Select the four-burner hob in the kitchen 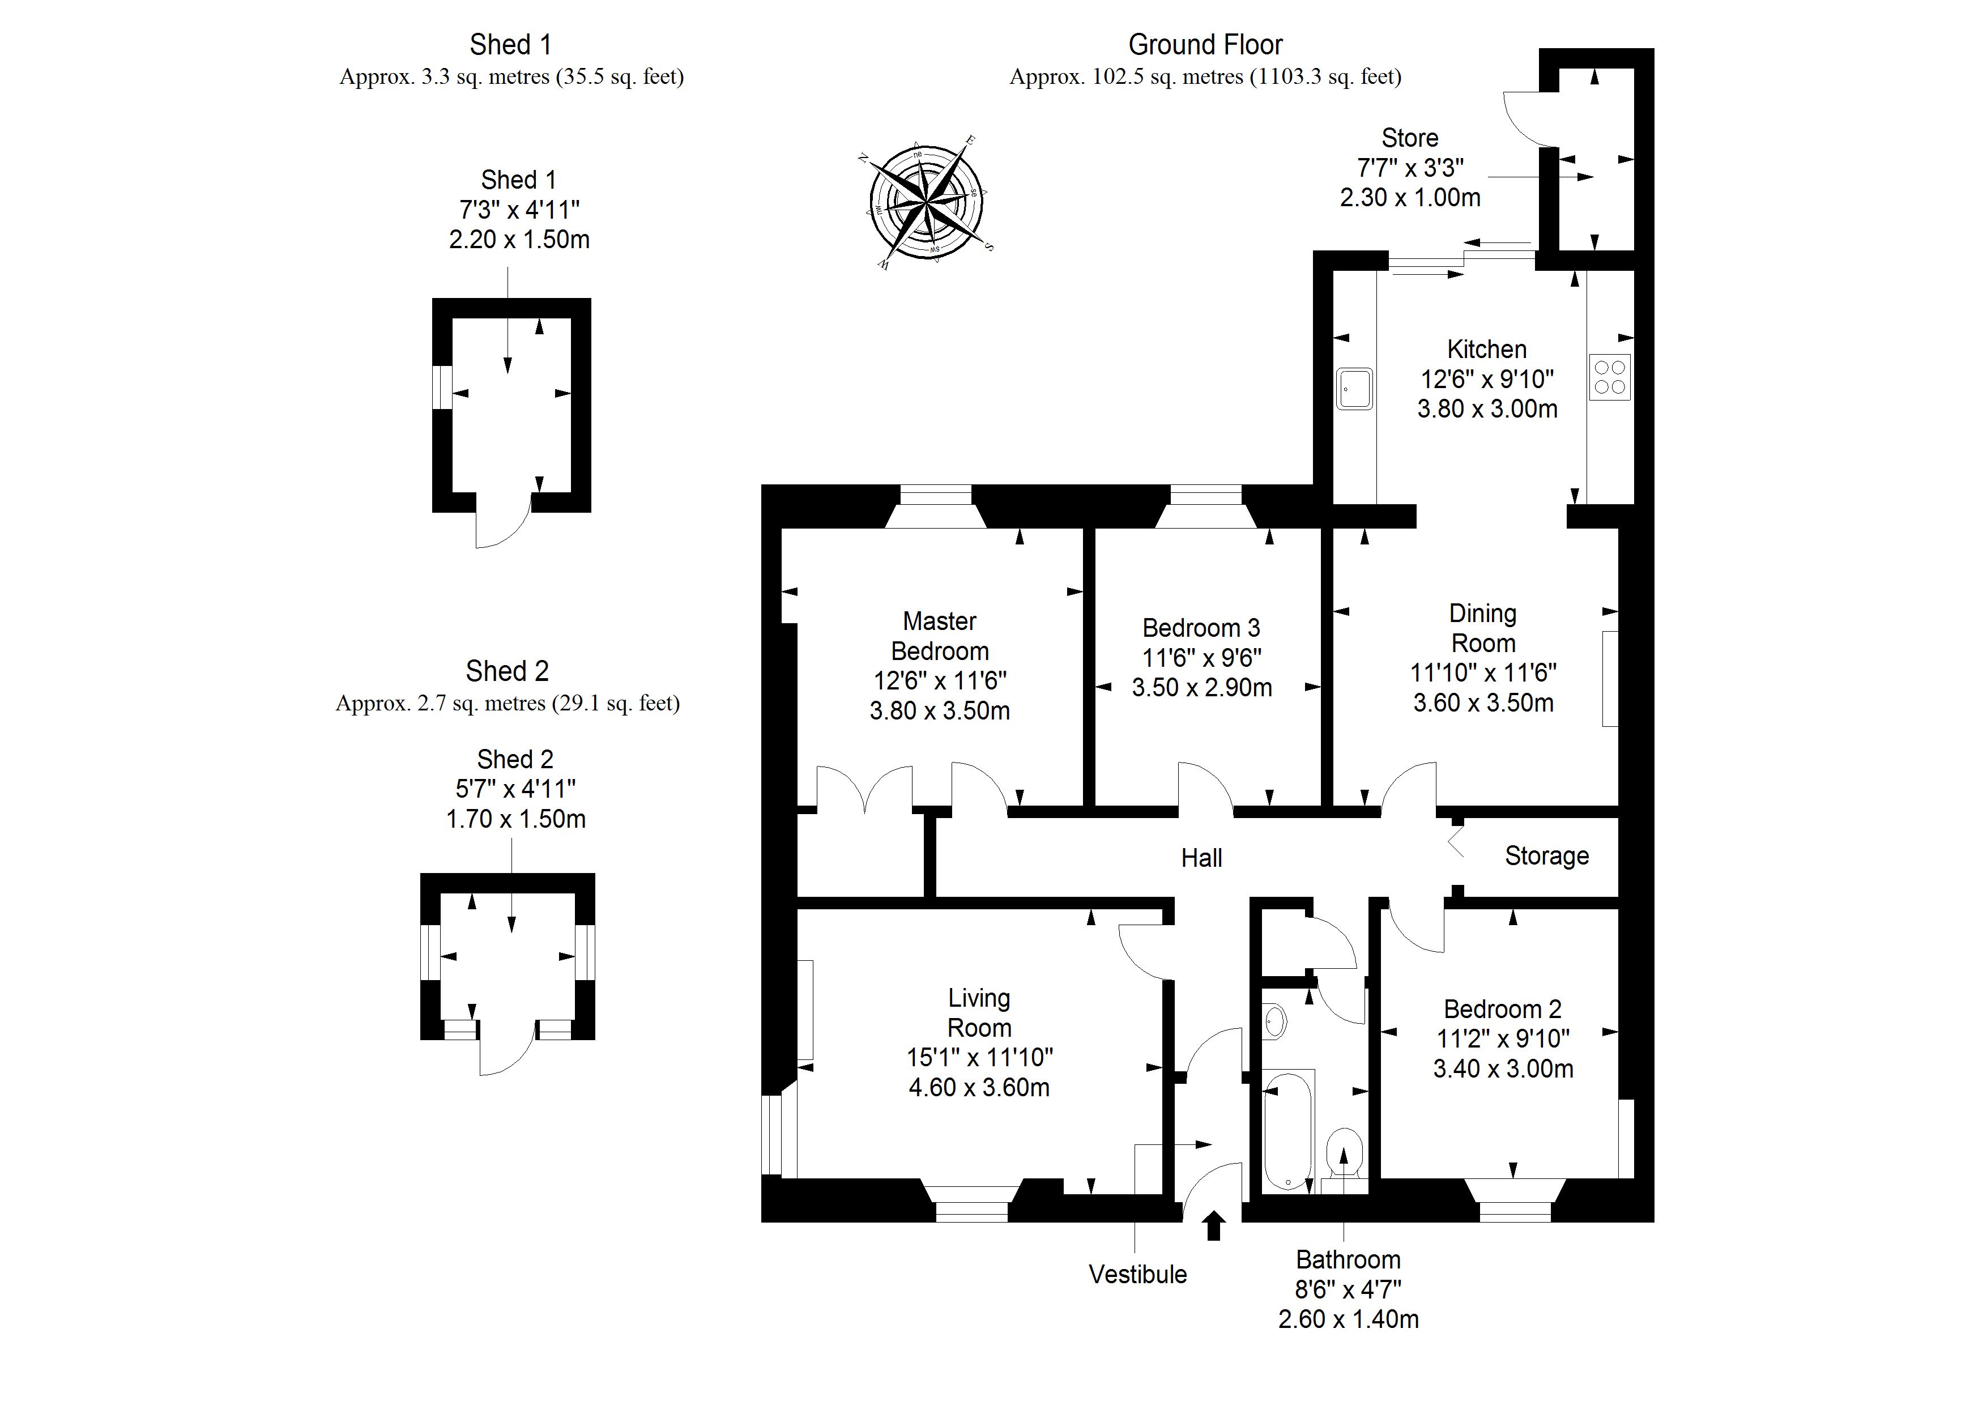(x=1610, y=377)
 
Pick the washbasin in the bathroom (x=1276, y=1021)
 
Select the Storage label (x=1546, y=856)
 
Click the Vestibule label (x=1137, y=1274)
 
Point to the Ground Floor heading (x=1205, y=44)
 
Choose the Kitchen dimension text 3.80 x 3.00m (x=1487, y=408)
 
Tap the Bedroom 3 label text (x=1201, y=628)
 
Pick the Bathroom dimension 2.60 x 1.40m (x=1348, y=1319)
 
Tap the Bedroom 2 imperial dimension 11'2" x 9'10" (x=1503, y=1039)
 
